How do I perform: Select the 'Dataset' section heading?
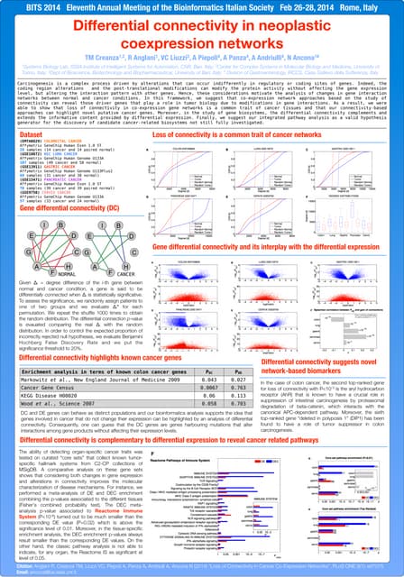click(32, 134)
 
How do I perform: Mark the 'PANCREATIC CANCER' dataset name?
click(63, 179)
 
